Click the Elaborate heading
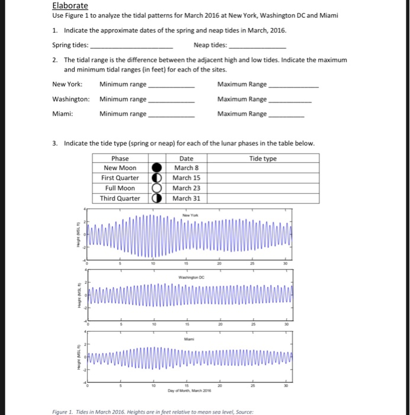point(70,6)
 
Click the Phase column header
point(120,158)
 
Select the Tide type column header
point(262,158)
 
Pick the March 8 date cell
point(186,168)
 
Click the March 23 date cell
point(186,188)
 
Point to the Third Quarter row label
point(120,198)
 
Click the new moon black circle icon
point(158,168)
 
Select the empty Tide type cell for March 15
point(262,178)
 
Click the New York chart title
point(190,215)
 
